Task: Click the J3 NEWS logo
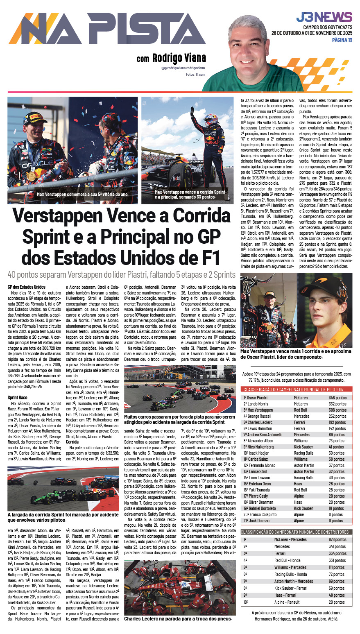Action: [x=324, y=17]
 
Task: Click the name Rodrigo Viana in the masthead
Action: [x=179, y=58]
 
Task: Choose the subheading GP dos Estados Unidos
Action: [x=26, y=287]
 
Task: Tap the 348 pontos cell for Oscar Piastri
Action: [x=337, y=398]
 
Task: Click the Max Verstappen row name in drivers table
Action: [x=260, y=410]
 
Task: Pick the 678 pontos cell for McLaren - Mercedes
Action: [x=337, y=539]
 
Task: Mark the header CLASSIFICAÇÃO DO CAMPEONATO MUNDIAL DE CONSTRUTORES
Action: [x=296, y=532]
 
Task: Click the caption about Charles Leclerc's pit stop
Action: [x=178, y=618]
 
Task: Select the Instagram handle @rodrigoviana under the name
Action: [x=183, y=68]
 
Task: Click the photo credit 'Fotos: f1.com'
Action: [x=195, y=75]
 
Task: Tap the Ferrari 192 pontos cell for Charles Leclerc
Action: [x=337, y=422]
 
